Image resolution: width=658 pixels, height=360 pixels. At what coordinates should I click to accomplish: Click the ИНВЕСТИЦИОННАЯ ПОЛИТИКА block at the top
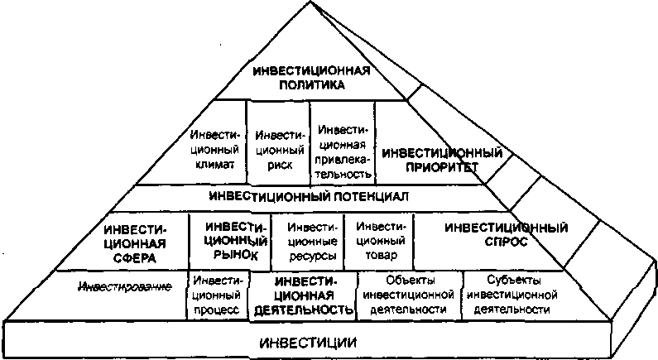(x=310, y=77)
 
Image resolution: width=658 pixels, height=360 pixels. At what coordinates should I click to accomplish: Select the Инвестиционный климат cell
(x=214, y=148)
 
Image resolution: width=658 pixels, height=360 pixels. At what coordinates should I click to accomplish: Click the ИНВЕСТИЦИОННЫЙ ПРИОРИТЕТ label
(x=442, y=160)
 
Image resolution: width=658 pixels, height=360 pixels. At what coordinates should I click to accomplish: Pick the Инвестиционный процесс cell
(x=219, y=295)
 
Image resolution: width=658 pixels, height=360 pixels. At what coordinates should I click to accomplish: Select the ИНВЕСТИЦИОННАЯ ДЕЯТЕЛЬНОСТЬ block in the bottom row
(x=303, y=295)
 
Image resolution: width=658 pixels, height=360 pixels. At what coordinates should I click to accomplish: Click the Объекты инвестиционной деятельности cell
(x=409, y=295)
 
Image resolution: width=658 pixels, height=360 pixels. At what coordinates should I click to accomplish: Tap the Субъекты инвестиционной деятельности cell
(x=509, y=295)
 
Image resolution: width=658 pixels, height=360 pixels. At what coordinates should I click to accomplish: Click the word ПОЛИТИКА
(x=310, y=84)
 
